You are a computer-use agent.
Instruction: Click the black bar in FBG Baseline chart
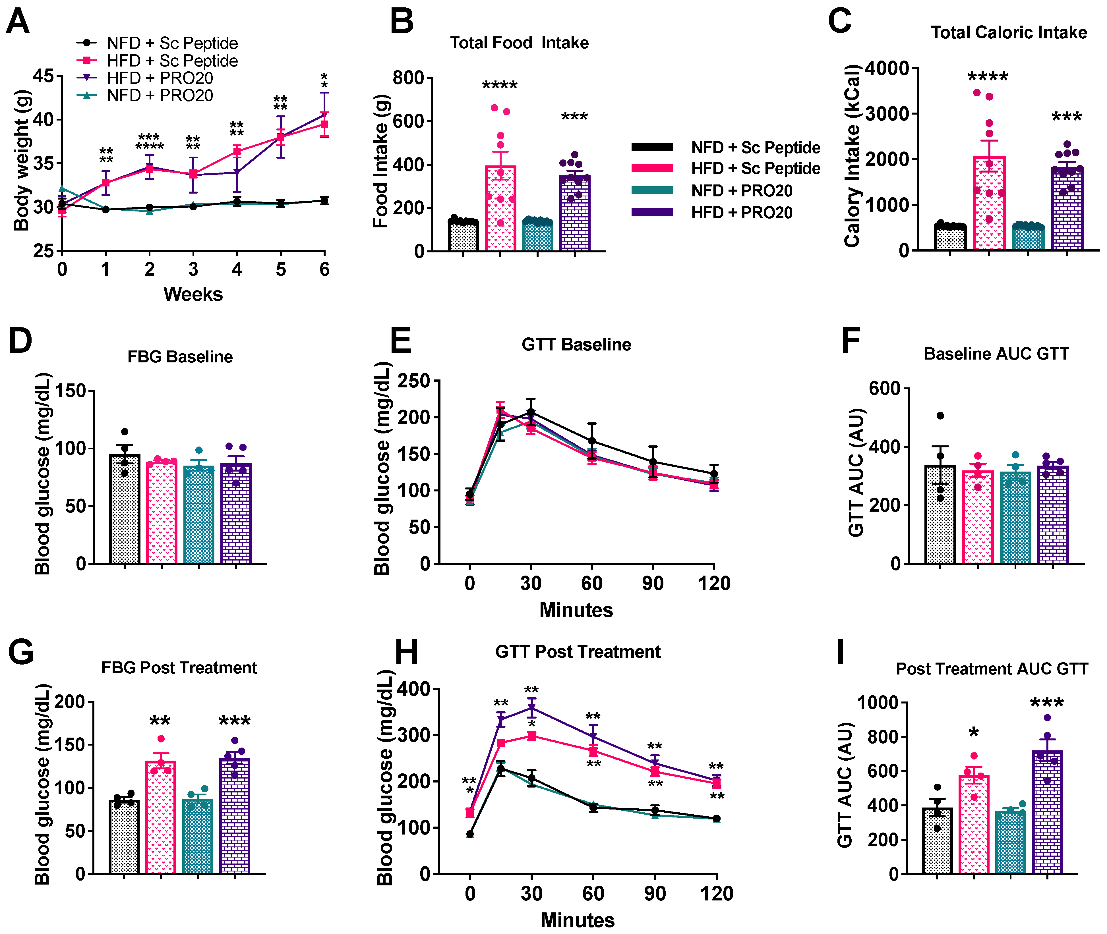click(x=125, y=508)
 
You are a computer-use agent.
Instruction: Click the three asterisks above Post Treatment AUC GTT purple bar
click(x=1047, y=703)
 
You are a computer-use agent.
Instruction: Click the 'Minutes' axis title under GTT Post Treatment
click(x=577, y=920)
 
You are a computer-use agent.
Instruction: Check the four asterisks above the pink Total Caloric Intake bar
click(x=988, y=77)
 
